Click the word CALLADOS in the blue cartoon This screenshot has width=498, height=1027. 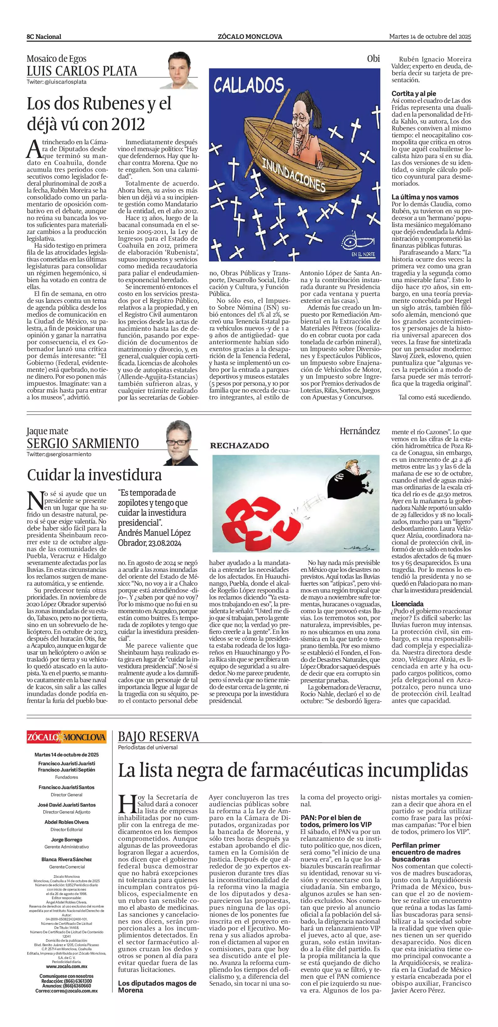click(248, 85)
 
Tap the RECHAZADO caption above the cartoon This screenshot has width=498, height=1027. click(239, 445)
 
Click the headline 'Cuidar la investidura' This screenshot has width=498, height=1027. click(94, 475)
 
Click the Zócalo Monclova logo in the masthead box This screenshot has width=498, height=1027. click(67, 737)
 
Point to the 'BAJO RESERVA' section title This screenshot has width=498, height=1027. click(158, 736)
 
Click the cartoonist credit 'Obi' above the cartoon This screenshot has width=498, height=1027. click(373, 59)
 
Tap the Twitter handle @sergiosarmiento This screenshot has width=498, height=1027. click(59, 454)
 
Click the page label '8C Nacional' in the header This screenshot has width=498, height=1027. click(44, 37)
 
